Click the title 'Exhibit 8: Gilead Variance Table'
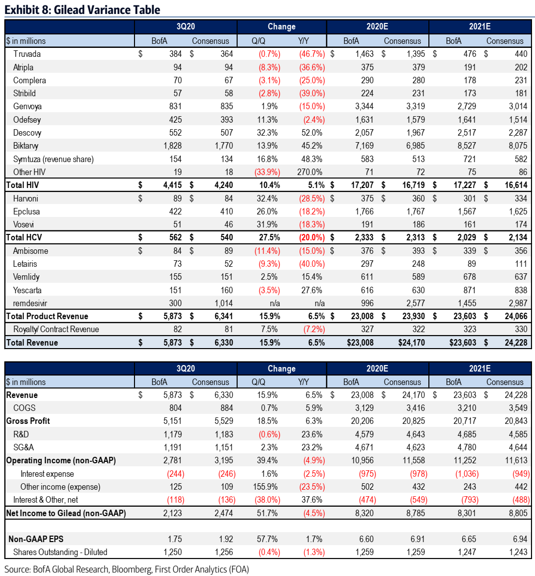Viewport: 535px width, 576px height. pos(82,9)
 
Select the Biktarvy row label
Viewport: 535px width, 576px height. pos(26,146)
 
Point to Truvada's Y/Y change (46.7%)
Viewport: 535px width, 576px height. pos(312,54)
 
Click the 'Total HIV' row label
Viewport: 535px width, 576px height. pos(22,185)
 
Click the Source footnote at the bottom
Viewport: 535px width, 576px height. pos(127,569)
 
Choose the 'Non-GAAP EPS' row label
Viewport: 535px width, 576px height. pos(36,539)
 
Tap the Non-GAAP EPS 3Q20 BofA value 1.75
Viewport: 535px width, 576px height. pos(175,539)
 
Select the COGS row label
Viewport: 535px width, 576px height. pos(24,408)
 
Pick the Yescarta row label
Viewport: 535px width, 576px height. pos(27,290)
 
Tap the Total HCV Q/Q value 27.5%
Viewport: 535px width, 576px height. pos(269,237)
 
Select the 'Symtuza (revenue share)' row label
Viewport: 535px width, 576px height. pos(53,159)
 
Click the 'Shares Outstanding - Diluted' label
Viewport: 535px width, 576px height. pos(60,552)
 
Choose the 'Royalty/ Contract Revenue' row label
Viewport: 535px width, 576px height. pos(56,329)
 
